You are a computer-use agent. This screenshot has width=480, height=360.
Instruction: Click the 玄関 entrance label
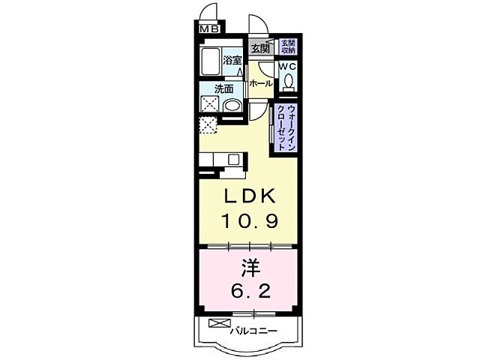259,49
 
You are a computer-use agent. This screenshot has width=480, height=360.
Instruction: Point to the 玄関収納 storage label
288,47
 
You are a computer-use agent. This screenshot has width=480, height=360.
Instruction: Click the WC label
288,67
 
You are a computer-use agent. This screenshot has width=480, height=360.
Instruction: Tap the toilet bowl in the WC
288,82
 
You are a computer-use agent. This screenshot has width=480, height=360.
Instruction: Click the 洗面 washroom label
224,88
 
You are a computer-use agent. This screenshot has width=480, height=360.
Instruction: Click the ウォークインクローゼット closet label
286,127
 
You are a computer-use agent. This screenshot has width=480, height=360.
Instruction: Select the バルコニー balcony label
254,330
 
